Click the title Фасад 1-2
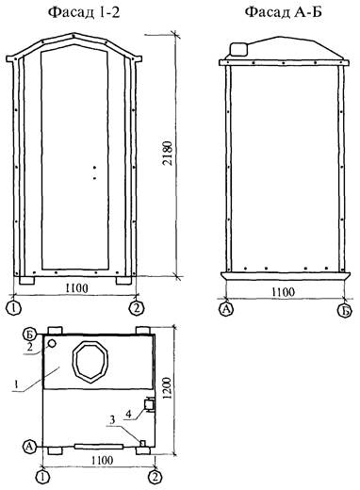coord(84,12)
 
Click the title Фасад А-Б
coord(284,12)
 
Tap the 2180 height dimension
coord(169,153)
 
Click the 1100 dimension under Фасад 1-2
coord(76,287)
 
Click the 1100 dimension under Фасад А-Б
coord(283,292)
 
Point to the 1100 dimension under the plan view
coord(102,461)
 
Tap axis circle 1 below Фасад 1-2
coord(13,308)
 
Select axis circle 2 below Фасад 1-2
coord(136,308)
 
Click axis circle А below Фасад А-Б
coord(225,309)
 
